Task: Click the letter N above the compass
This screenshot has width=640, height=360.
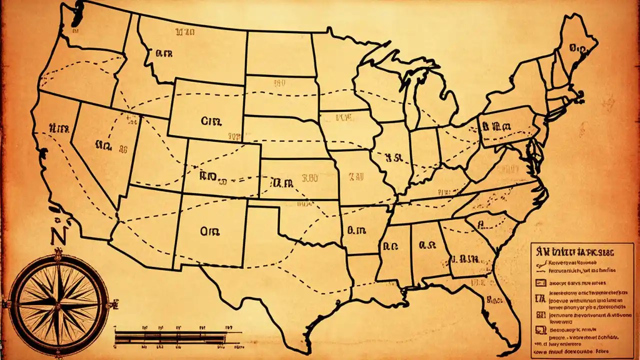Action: pyautogui.click(x=58, y=234)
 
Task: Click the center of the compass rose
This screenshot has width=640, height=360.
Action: pyautogui.click(x=59, y=303)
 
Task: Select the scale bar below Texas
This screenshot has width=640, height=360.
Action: pyautogui.click(x=177, y=337)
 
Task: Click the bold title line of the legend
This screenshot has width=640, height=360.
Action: pyautogui.click(x=575, y=248)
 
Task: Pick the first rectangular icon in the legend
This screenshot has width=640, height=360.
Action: pyautogui.click(x=539, y=282)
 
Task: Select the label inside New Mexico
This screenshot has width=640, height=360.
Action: pyautogui.click(x=210, y=231)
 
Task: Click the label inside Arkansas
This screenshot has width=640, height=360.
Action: pyautogui.click(x=355, y=230)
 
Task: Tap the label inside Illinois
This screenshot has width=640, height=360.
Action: pyautogui.click(x=393, y=158)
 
